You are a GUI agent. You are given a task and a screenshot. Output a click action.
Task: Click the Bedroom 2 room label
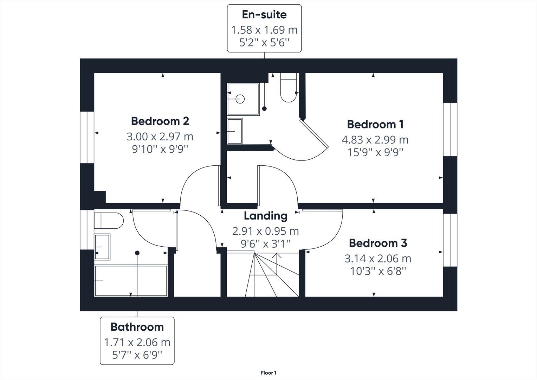pos(160,121)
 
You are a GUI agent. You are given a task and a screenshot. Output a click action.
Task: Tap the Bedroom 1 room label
pos(375,124)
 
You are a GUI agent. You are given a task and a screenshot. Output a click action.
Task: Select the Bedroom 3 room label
pos(378,243)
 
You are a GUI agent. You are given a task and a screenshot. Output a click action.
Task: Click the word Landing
pos(265,216)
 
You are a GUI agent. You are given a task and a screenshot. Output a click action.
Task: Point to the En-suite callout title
pos(264,15)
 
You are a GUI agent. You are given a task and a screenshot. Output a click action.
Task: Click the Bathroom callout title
pos(137,327)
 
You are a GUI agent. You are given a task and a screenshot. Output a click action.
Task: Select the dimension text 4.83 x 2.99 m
pos(375,140)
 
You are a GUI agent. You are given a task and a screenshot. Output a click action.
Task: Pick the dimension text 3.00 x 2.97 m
pos(160,137)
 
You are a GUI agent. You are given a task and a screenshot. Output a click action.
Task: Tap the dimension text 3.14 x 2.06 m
pos(378,259)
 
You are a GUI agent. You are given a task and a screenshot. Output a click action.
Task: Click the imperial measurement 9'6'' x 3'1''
pos(265,243)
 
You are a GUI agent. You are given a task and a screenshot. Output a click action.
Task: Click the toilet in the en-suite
pos(289,88)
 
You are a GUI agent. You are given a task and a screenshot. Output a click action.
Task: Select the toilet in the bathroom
pos(109,221)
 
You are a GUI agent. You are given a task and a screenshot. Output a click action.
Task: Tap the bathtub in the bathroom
pos(131,281)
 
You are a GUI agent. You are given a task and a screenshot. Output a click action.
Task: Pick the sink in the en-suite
pos(235,131)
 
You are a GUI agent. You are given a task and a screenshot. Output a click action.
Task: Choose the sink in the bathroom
pos(102,247)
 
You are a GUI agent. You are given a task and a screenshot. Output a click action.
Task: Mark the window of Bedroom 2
pos(87,138)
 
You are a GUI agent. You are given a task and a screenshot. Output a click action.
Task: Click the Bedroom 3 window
pos(450,240)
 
